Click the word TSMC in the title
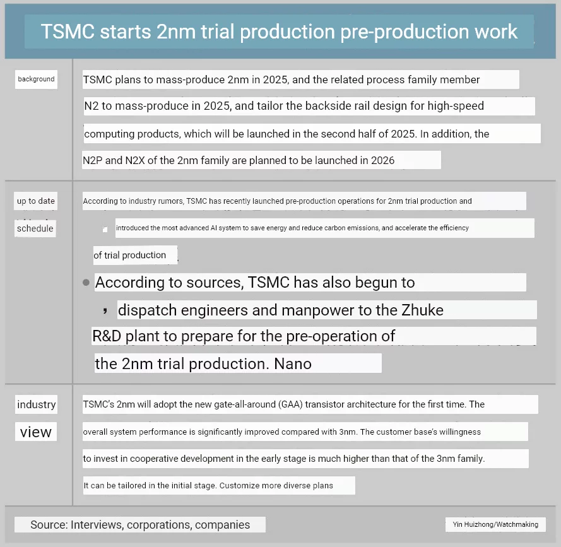(68, 32)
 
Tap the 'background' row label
(36, 79)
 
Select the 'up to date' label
(36, 201)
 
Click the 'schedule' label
(35, 228)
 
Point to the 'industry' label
(37, 404)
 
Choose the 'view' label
(36, 432)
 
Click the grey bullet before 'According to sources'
(86, 283)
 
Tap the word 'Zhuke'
(422, 310)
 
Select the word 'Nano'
(293, 364)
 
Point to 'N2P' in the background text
(93, 160)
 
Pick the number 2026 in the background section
(382, 160)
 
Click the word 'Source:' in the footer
(49, 524)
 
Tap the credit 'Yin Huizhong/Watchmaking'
(495, 524)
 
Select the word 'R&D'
(107, 336)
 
